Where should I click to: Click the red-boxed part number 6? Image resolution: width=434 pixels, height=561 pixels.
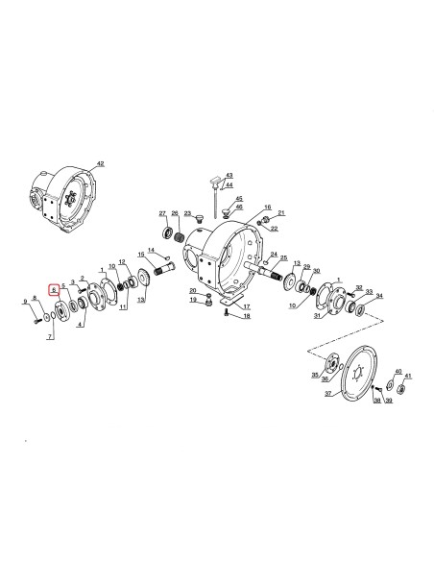54,287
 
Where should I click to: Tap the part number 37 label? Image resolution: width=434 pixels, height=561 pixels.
326,393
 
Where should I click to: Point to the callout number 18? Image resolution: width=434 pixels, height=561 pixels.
247,316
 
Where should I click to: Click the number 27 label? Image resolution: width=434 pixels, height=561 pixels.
162,212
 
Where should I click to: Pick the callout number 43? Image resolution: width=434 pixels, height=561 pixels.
229,175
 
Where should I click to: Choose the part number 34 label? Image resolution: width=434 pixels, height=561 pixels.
379,296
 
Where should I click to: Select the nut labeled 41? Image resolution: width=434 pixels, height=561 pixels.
406,391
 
